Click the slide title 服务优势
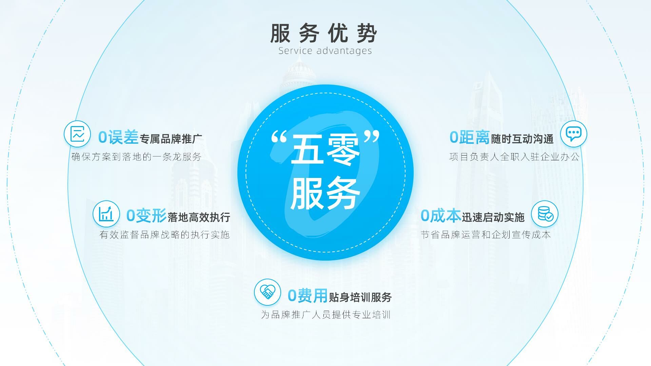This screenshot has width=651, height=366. [323, 33]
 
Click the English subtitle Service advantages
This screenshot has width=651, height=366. [325, 51]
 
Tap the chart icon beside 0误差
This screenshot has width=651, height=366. [77, 134]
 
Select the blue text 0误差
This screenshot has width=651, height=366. [118, 138]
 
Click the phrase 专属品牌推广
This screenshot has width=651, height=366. [171, 139]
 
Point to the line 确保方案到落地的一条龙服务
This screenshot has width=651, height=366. [137, 157]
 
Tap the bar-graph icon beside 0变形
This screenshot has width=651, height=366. [106, 214]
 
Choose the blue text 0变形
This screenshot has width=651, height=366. [146, 216]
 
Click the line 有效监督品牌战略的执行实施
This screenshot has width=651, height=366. [165, 235]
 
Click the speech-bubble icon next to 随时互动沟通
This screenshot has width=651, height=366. [574, 134]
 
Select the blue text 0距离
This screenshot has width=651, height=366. [470, 138]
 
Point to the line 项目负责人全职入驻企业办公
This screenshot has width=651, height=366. [514, 157]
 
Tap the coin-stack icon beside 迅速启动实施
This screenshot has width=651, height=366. [545, 214]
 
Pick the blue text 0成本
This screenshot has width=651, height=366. [441, 216]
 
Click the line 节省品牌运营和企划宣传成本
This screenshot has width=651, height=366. [486, 235]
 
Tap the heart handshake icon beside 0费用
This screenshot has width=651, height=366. [268, 292]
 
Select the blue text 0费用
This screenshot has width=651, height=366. [308, 296]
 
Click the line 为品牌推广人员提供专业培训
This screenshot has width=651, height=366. [326, 315]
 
